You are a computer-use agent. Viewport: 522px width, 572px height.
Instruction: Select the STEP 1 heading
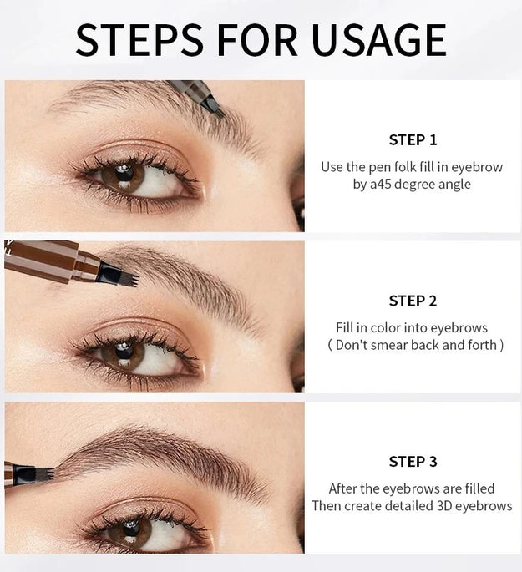[413, 140]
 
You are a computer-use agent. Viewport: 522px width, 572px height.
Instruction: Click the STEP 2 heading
[413, 301]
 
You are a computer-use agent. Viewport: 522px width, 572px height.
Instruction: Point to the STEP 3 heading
[413, 461]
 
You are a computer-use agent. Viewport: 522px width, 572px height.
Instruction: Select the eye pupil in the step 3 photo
[131, 526]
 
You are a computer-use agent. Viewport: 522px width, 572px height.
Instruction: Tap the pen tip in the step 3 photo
[43, 473]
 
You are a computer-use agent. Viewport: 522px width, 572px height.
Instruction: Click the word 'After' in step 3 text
[344, 488]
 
